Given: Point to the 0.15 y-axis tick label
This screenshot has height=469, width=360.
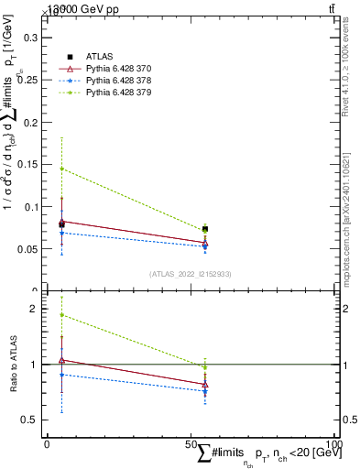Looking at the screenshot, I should point(27,165).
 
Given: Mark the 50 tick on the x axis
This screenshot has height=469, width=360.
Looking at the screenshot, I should point(191,444).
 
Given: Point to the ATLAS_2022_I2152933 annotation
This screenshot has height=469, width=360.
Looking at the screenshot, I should point(191,274).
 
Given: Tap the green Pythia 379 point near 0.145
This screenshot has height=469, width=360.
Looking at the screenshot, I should point(61,169).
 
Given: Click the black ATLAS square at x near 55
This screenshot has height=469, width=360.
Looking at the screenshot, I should point(205,229).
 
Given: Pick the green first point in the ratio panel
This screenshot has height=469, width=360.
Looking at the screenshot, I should point(61,315).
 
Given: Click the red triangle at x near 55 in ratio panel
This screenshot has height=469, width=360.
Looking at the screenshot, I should point(205,385).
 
